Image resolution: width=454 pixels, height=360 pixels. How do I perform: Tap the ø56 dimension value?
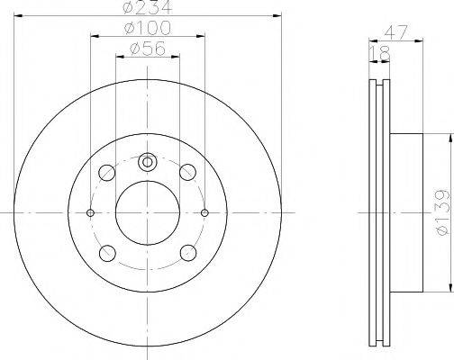(x=149, y=49)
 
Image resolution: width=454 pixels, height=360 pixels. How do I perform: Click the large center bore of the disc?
(x=149, y=212)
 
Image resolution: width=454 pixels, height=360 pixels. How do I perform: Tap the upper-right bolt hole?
(x=188, y=172)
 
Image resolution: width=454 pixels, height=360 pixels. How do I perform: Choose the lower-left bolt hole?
(x=108, y=253)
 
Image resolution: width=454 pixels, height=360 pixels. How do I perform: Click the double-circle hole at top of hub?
(x=149, y=163)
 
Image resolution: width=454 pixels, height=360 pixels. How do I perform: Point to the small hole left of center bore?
(x=91, y=212)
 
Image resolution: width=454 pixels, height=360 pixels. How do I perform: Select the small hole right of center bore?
(x=205, y=212)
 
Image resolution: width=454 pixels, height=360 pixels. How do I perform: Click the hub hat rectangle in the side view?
(x=406, y=212)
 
